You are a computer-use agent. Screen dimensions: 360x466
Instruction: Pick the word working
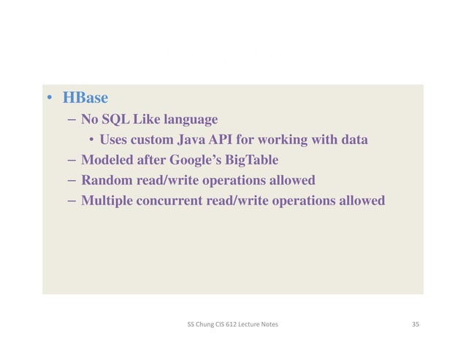pyautogui.click(x=293, y=139)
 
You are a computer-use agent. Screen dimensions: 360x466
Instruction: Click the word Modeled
pyautogui.click(x=108, y=160)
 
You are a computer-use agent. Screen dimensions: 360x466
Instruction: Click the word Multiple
pyautogui.click(x=107, y=200)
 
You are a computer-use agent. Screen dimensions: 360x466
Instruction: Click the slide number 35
pyautogui.click(x=415, y=323)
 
